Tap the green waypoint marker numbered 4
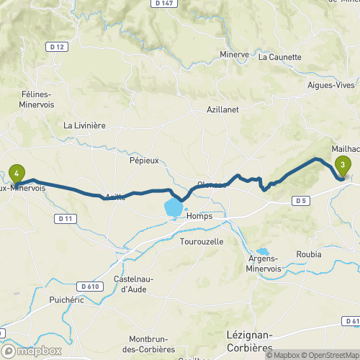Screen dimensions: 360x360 pos(17,173)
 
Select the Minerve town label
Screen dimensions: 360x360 pos(233,54)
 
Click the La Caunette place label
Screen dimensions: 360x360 pos(281,56)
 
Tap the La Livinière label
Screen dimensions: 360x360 pos(85,125)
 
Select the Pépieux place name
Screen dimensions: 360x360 pos(144,161)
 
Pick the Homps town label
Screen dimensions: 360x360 pos(198,216)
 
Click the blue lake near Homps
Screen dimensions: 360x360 pos(174,210)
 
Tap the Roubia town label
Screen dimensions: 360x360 pos(308,254)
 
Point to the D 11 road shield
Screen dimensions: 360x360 pos(66,217)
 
